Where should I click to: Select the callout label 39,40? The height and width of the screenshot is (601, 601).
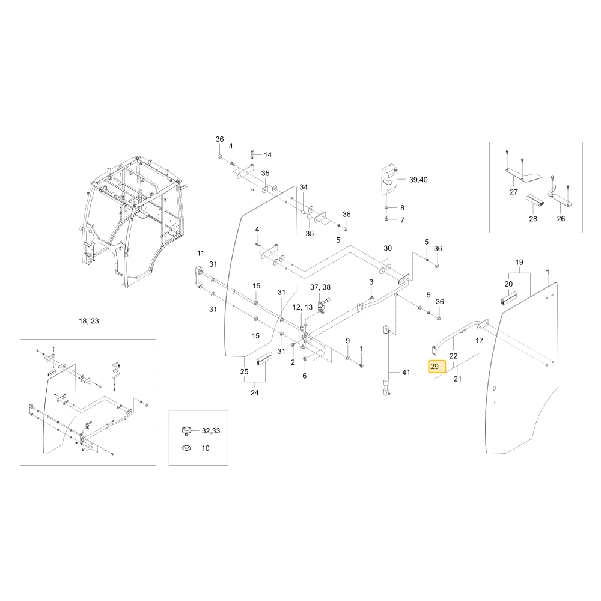click(418, 180)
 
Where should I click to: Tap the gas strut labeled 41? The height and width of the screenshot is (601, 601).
click(386, 360)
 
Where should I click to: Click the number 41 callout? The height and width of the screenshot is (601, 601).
click(406, 372)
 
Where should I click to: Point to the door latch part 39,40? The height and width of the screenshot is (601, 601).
click(389, 180)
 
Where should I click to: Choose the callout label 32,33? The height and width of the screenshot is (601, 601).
click(211, 431)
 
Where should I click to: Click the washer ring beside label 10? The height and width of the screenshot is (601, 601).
click(187, 448)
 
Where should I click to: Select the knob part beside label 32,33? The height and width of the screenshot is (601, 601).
click(186, 430)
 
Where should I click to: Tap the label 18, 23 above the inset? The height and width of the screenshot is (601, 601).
click(89, 321)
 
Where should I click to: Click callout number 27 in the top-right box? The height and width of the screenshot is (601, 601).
click(514, 192)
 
